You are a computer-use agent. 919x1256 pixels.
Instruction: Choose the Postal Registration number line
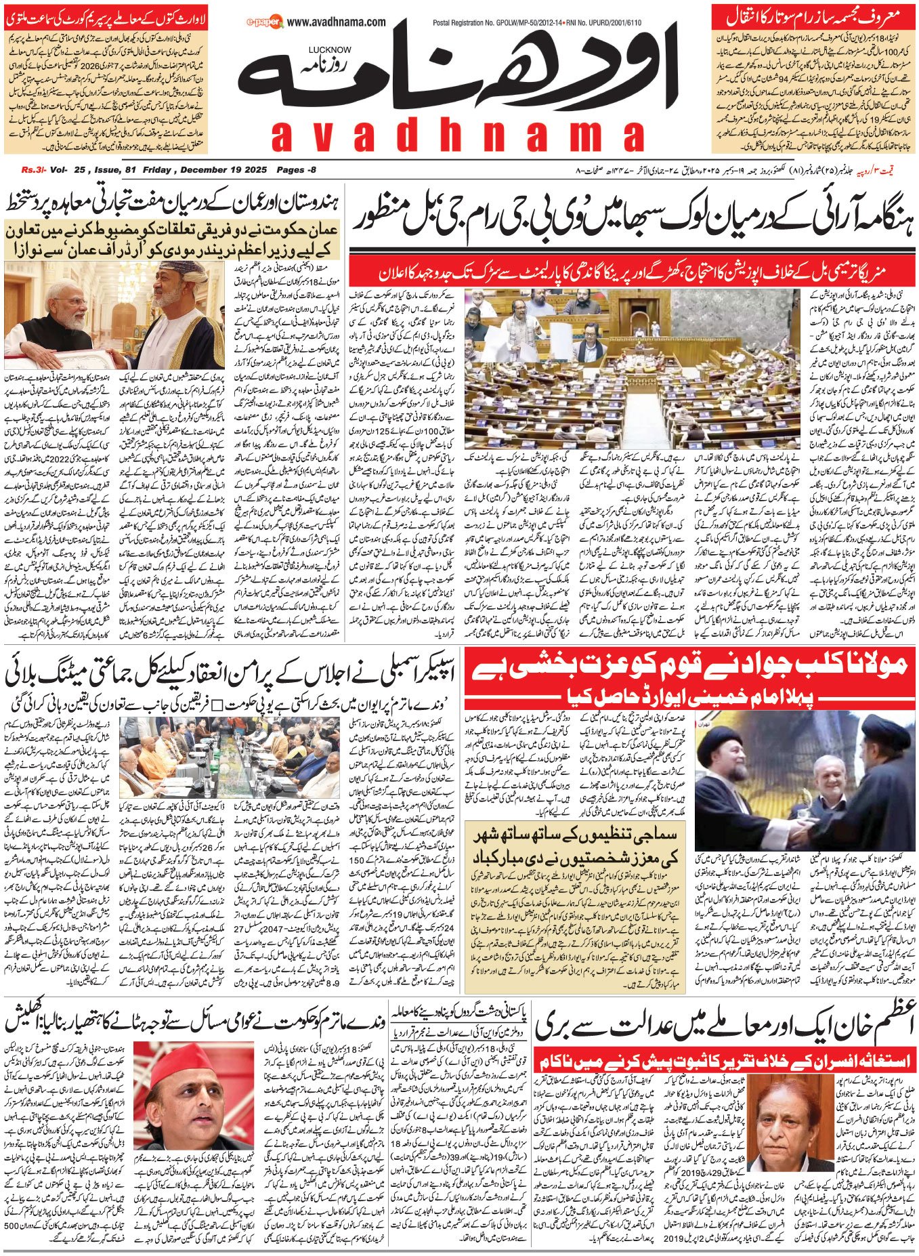pyautogui.click(x=537, y=22)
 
